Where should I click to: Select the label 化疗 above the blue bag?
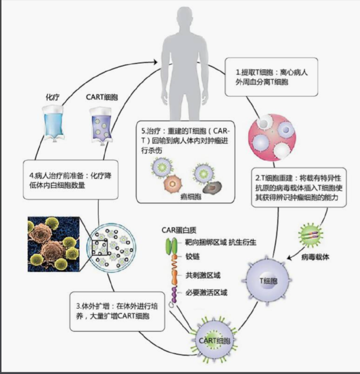pos(51,97)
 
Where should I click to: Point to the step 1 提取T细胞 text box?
pos(271,77)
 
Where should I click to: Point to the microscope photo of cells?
pos(53,244)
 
